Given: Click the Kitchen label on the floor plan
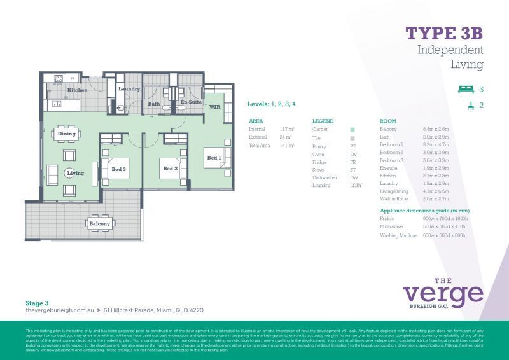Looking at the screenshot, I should pos(77,90).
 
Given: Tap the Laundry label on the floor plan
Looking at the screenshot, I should pos(129,89).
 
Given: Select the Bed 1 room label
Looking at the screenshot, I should pos(213,157).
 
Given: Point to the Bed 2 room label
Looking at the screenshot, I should pos(170,169).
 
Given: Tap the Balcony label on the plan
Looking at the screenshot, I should pos(99,224).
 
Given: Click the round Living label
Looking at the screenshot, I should pos(76,173).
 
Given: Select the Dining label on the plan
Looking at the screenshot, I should pos(66,134).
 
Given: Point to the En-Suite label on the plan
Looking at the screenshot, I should pos(191,102).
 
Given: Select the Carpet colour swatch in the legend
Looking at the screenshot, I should pos(352,129).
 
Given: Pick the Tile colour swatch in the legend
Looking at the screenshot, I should pos(352,137).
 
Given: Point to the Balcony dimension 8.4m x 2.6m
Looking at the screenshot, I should pos(435,129).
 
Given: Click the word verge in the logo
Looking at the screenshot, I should pos(443,294).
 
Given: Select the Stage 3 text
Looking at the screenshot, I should pos(38,303).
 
